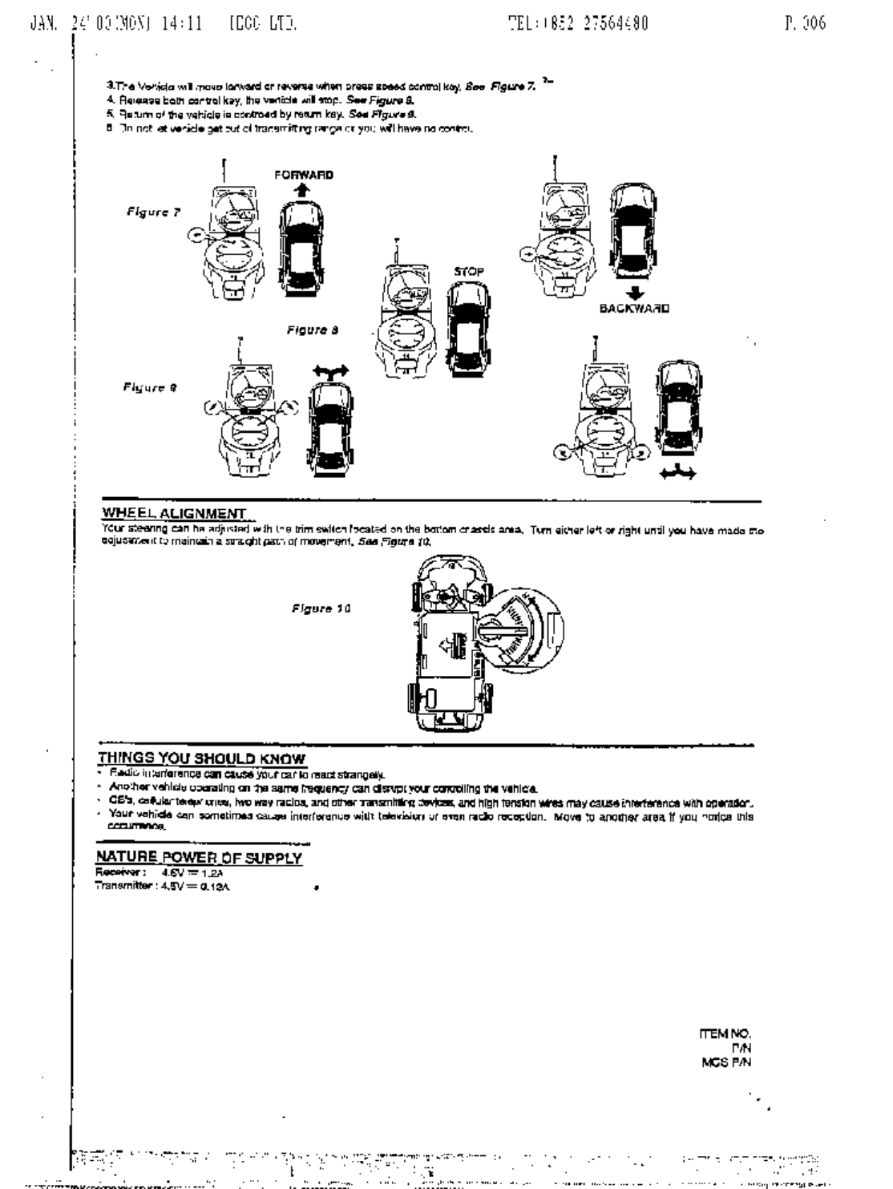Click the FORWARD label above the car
pyautogui.click(x=303, y=175)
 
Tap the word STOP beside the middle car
pyautogui.click(x=469, y=272)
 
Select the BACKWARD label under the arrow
pyautogui.click(x=635, y=308)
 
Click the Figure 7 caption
pyautogui.click(x=153, y=212)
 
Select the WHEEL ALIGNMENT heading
pyautogui.click(x=174, y=513)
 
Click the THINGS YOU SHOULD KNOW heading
pyautogui.click(x=201, y=758)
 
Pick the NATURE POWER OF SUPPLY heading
pyautogui.click(x=199, y=858)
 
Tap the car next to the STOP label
pyautogui.click(x=467, y=330)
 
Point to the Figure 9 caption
pyautogui.click(x=150, y=388)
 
